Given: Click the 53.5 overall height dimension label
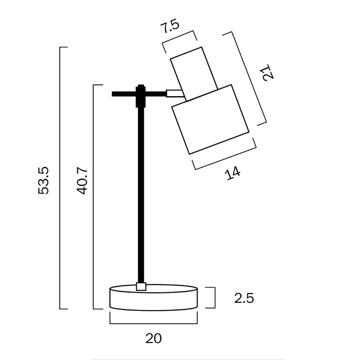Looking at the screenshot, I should (x=44, y=180).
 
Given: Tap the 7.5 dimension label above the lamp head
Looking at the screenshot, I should (x=169, y=27).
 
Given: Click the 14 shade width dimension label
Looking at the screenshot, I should (x=233, y=174).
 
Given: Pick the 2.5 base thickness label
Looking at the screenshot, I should (x=244, y=298).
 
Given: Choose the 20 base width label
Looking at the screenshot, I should (x=154, y=338).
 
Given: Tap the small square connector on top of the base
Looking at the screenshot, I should (x=141, y=287).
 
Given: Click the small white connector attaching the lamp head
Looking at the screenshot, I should (x=174, y=94).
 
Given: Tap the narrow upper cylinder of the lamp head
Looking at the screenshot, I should (x=194, y=72).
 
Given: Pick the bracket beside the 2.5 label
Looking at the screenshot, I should (x=215, y=298).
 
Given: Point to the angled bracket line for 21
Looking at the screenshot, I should (x=245, y=78).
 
